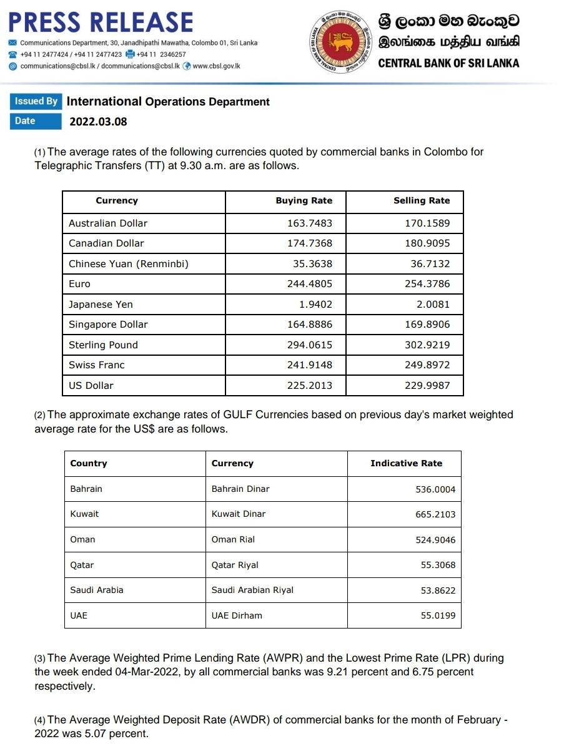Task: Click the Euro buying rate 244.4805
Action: (310, 284)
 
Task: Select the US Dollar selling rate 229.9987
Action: (427, 386)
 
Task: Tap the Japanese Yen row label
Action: (101, 305)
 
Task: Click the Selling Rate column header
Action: (422, 201)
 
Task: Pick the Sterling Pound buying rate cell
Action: (310, 345)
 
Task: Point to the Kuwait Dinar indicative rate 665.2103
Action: (435, 514)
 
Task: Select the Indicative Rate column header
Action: (406, 464)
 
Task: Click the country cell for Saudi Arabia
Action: (97, 590)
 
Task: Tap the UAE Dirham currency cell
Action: (237, 615)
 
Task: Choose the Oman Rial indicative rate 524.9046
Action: (435, 540)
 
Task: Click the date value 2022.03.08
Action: (98, 122)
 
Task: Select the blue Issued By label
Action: (36, 101)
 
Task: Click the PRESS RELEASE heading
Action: (101, 22)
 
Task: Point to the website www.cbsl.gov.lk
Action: (217, 66)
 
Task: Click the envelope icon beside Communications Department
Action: (12, 43)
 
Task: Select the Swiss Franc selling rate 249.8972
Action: (427, 365)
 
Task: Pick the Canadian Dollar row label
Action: (106, 243)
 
